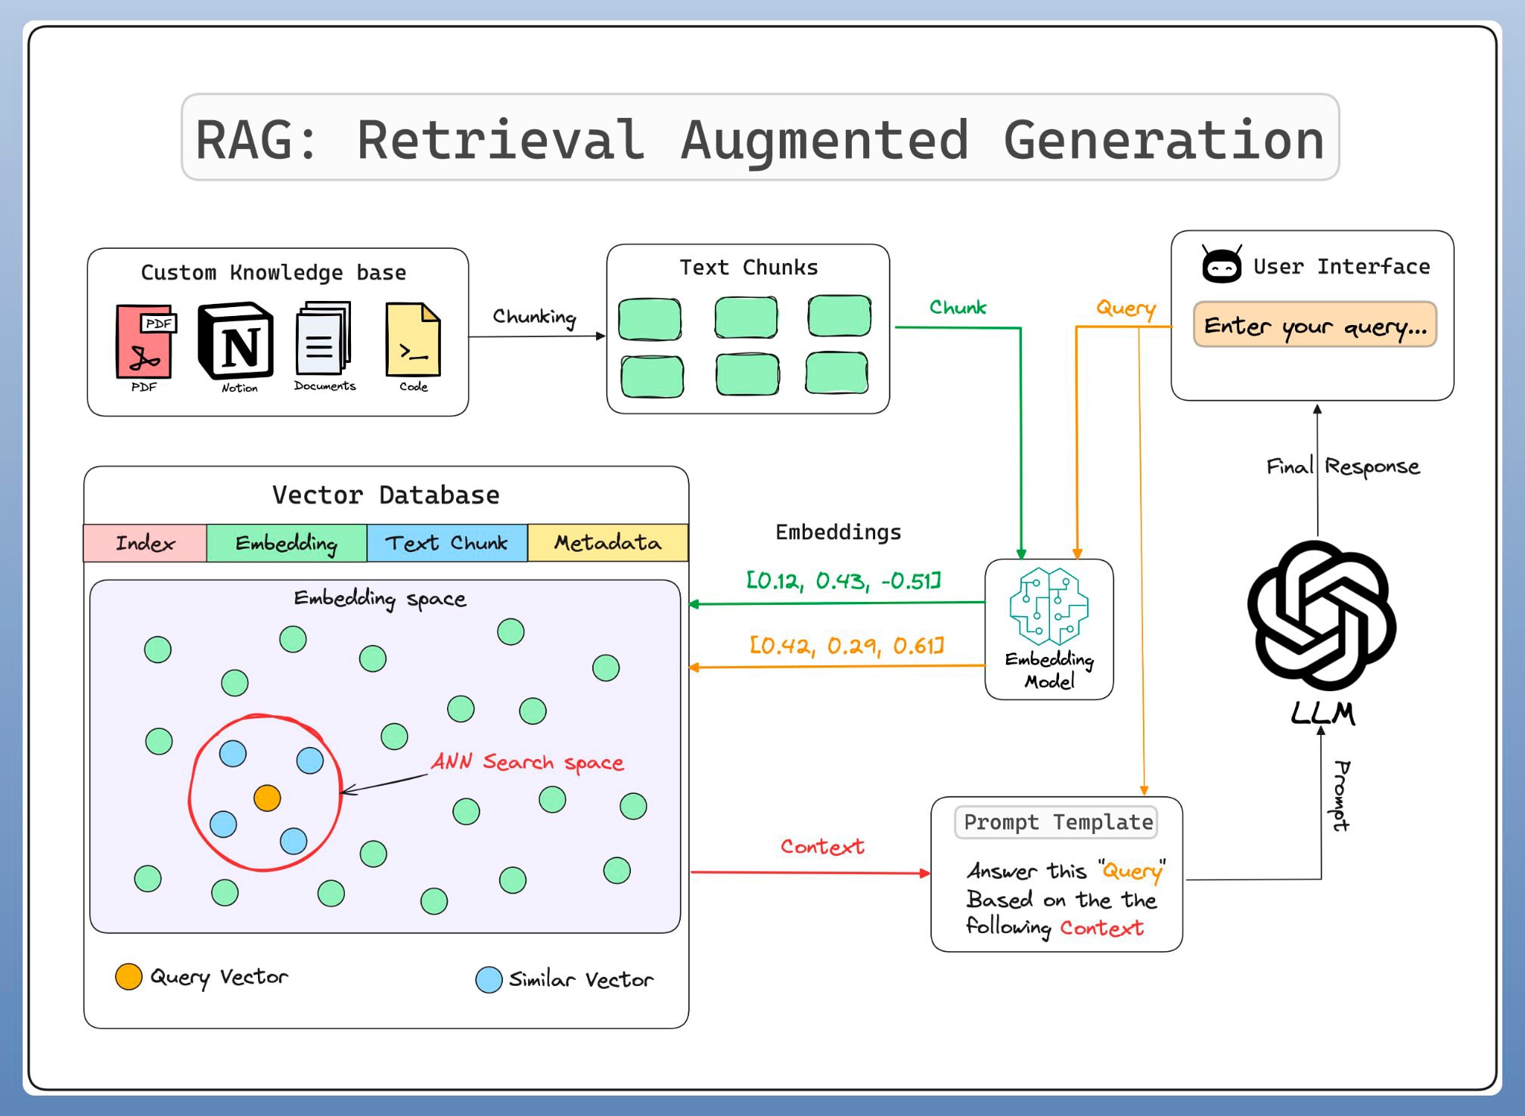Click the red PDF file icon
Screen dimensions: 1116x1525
click(x=144, y=341)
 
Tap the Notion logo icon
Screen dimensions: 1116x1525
click(x=235, y=341)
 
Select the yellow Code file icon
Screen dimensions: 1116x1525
click(x=413, y=339)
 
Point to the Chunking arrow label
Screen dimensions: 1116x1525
click(x=534, y=317)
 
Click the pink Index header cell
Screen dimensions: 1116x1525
click(x=144, y=543)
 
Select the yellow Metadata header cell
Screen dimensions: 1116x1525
click(x=607, y=543)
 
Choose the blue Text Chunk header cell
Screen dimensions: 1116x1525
click(x=446, y=543)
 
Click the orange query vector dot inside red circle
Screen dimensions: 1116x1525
click(x=267, y=798)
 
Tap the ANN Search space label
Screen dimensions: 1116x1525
click(x=527, y=762)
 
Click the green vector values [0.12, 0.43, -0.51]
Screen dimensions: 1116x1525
click(x=843, y=581)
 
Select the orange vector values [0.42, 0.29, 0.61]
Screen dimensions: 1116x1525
click(x=846, y=646)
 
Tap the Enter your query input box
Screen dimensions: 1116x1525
click(x=1315, y=326)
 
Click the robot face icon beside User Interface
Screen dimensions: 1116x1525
click(x=1222, y=265)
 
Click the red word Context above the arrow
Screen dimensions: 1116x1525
click(x=822, y=847)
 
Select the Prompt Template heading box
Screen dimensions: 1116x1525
click(x=1057, y=823)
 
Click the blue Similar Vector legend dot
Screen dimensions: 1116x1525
click(x=489, y=980)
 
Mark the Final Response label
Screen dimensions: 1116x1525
click(x=1343, y=467)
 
